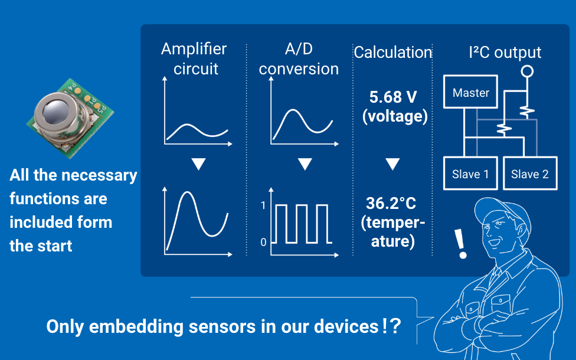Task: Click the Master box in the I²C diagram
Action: [x=470, y=93]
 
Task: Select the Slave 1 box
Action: [x=470, y=174]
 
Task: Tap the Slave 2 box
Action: [x=529, y=174]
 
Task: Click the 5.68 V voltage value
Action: [x=394, y=97]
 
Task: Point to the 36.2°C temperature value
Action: [x=391, y=204]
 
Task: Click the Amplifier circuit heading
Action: [x=194, y=58]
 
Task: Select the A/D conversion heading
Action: [x=299, y=58]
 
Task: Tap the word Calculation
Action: [x=393, y=53]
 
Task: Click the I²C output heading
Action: [x=505, y=53]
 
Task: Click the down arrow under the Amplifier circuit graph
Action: [x=198, y=164]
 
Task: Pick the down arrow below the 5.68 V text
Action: [x=393, y=164]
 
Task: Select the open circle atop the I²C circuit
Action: [x=527, y=71]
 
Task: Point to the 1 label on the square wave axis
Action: [x=263, y=206]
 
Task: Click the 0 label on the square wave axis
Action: [x=263, y=242]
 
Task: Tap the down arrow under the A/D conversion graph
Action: [x=305, y=164]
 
